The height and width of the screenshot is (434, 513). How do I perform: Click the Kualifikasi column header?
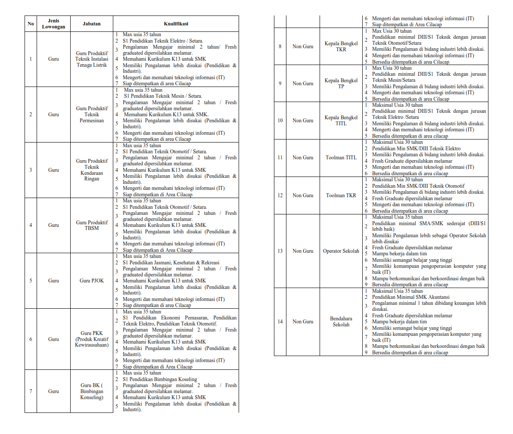point(176,24)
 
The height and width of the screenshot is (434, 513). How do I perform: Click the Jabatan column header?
point(91,24)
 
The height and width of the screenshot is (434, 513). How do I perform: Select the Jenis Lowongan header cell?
point(53,24)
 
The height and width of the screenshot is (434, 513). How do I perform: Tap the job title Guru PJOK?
point(91,281)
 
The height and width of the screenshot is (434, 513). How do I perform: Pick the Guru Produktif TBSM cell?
point(91,225)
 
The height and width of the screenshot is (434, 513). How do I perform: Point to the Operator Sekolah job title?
point(341,251)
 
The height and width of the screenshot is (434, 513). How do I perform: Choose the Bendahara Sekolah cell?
point(341,322)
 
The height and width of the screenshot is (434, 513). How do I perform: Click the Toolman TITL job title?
point(341,158)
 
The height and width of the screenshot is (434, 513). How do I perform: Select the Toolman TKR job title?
point(341,195)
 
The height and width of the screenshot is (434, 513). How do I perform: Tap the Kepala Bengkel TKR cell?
point(341,46)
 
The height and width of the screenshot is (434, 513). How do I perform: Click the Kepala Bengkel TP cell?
point(341,84)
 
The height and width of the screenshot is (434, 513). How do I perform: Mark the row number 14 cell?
point(280,322)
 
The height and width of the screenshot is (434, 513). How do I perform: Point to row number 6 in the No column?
point(31,339)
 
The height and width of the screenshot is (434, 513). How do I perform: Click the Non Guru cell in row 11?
point(303,158)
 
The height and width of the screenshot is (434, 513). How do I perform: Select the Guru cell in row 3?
point(53,170)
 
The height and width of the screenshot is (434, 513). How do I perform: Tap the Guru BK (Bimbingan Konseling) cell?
point(91,391)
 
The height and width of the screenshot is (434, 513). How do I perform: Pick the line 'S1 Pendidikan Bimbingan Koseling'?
point(160,379)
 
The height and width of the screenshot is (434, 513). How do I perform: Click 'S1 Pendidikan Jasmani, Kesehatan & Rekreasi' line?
point(171,263)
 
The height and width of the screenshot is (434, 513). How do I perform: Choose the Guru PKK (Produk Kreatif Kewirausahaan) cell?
point(91,339)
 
